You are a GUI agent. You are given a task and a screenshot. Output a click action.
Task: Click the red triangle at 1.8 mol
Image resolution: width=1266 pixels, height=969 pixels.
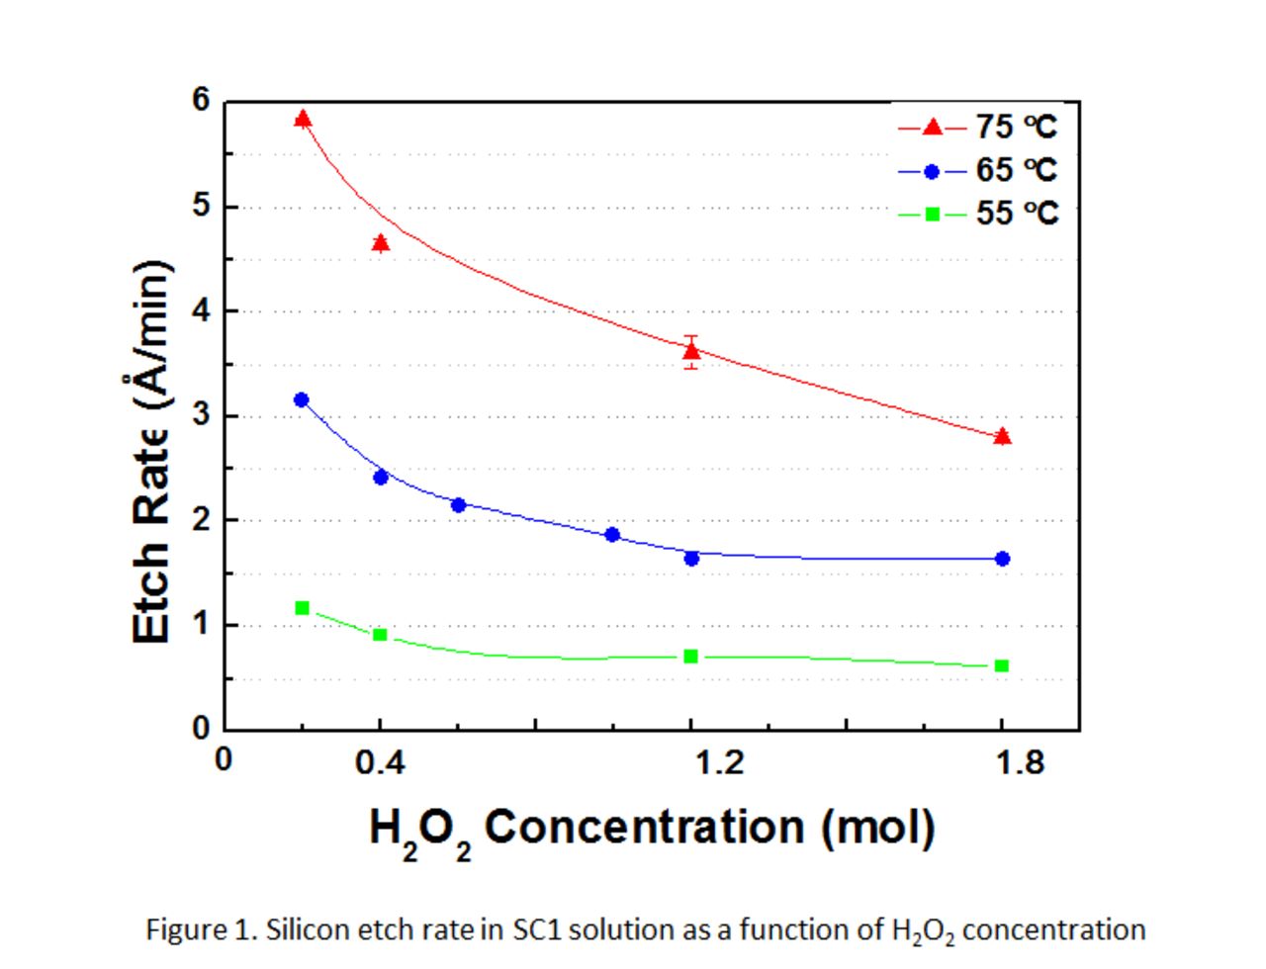pyautogui.click(x=1002, y=437)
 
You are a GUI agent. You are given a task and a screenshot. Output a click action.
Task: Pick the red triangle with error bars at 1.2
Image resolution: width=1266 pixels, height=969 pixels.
pyautogui.click(x=691, y=351)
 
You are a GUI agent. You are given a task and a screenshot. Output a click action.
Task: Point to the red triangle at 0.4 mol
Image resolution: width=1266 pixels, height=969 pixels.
pyautogui.click(x=381, y=243)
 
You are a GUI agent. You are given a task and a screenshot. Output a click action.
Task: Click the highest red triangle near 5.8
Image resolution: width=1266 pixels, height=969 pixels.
pyautogui.click(x=303, y=120)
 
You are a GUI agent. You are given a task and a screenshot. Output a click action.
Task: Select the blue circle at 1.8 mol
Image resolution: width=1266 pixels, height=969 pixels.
pyautogui.click(x=1002, y=559)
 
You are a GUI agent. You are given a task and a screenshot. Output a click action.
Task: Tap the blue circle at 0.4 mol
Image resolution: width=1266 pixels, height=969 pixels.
pyautogui.click(x=381, y=477)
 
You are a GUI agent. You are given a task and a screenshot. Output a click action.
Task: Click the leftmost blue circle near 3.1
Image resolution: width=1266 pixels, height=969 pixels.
pyautogui.click(x=302, y=399)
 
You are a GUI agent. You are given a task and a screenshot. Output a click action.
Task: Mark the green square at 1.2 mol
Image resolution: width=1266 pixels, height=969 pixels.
pyautogui.click(x=691, y=657)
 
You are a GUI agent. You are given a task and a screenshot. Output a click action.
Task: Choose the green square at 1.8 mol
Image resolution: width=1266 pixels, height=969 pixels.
pyautogui.click(x=1002, y=665)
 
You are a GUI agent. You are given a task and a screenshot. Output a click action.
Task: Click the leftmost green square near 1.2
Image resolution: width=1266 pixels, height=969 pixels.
pyautogui.click(x=303, y=607)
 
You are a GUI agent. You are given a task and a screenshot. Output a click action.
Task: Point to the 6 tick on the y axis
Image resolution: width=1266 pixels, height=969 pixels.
pyautogui.click(x=202, y=101)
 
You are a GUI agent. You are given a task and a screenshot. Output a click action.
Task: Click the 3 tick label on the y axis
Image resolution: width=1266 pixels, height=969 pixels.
pyautogui.click(x=202, y=415)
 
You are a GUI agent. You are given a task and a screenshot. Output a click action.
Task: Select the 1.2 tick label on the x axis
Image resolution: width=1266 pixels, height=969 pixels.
pyautogui.click(x=719, y=762)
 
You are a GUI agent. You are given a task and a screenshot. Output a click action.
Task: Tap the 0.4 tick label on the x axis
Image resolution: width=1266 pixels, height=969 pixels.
pyautogui.click(x=380, y=762)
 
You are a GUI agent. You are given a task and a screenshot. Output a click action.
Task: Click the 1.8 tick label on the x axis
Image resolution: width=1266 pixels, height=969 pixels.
pyautogui.click(x=1020, y=762)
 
